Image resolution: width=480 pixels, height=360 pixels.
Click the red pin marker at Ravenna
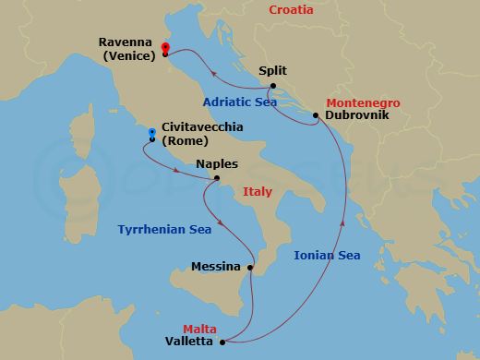coord(165,49)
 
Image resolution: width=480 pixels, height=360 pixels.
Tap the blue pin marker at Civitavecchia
coord(150,133)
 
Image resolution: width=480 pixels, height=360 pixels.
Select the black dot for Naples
coord(217,179)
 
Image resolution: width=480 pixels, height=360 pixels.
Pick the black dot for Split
coord(273,86)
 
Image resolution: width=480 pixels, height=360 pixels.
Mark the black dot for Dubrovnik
coord(316,115)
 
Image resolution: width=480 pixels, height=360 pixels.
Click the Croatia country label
coord(291,11)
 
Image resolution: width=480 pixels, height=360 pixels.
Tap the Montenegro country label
coord(363,102)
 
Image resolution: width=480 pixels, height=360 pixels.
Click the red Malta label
coord(199,328)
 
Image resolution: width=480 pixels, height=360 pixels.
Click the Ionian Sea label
coord(327,256)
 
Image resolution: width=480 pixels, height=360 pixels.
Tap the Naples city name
coord(218,163)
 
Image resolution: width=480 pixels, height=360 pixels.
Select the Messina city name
coord(215,267)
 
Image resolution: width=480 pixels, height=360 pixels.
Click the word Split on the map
coord(273,69)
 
